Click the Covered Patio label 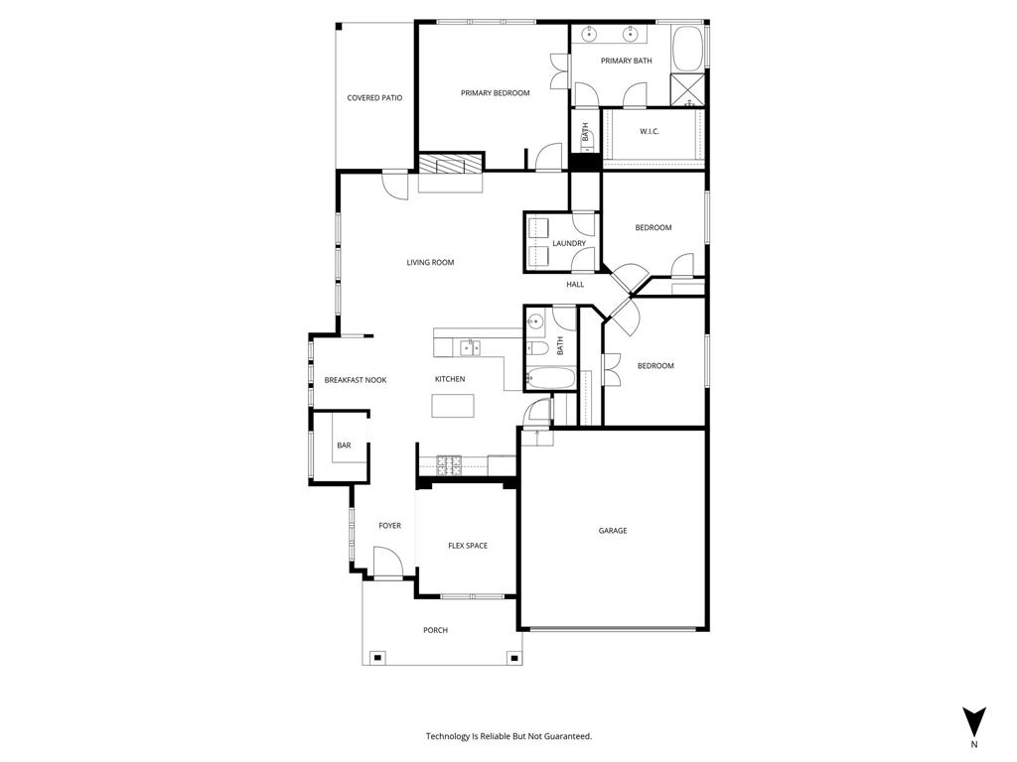pyautogui.click(x=374, y=98)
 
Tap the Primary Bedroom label pyautogui.click(x=495, y=93)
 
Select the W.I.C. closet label pyautogui.click(x=650, y=131)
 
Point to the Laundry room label pyautogui.click(x=569, y=243)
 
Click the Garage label pyautogui.click(x=613, y=531)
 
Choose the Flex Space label pyautogui.click(x=467, y=546)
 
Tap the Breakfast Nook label pyautogui.click(x=355, y=380)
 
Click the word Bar pyautogui.click(x=344, y=445)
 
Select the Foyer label pyautogui.click(x=389, y=526)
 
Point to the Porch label pyautogui.click(x=435, y=630)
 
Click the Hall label pyautogui.click(x=575, y=285)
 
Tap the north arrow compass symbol pyautogui.click(x=974, y=721)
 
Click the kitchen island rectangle pyautogui.click(x=453, y=406)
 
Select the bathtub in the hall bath pyautogui.click(x=549, y=379)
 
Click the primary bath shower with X pyautogui.click(x=688, y=89)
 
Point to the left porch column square pyautogui.click(x=377, y=657)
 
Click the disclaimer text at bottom pyautogui.click(x=508, y=736)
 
